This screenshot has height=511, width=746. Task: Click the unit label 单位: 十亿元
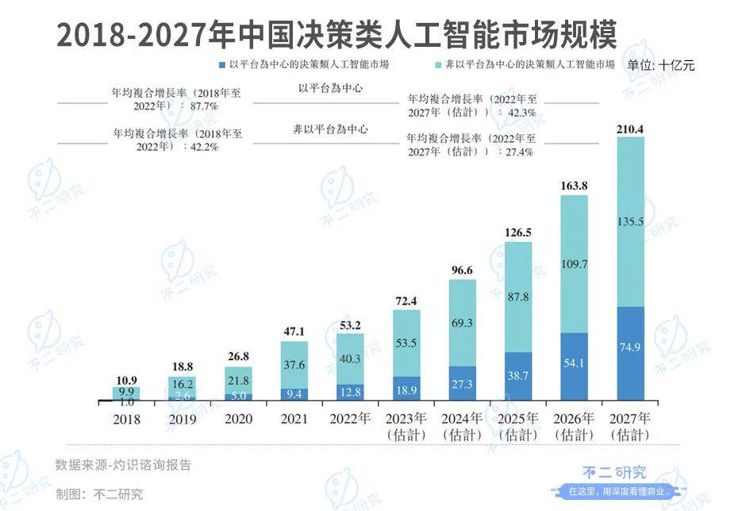[x=660, y=65]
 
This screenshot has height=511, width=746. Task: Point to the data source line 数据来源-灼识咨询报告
[x=123, y=464]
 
